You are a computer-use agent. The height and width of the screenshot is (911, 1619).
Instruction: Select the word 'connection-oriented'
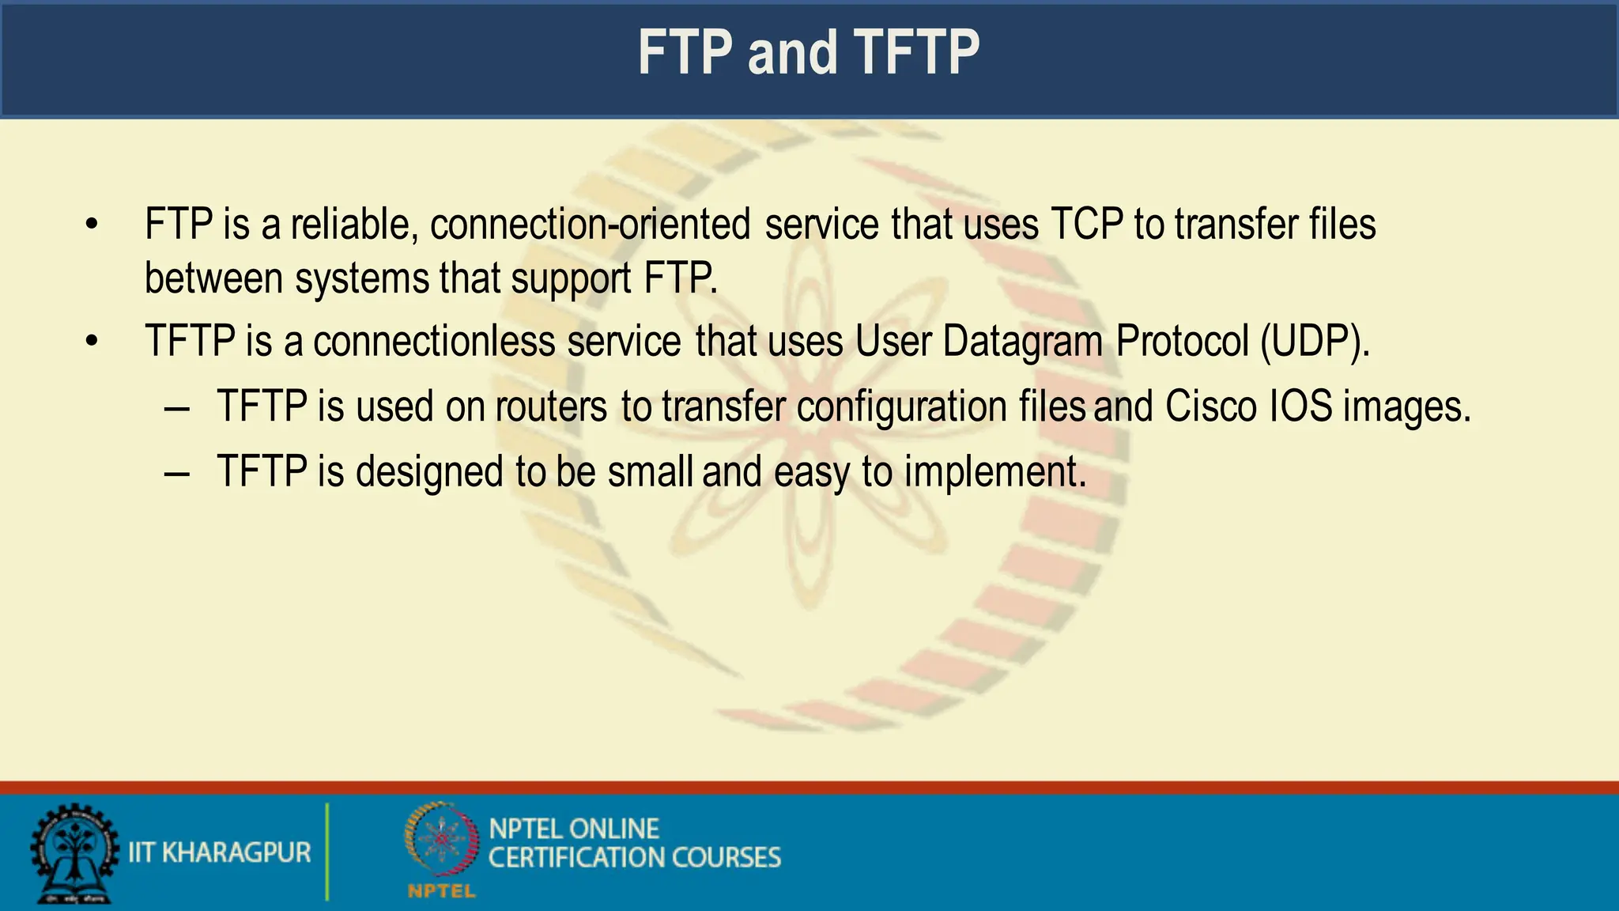coord(590,225)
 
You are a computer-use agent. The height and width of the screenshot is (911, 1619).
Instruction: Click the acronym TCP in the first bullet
coord(1087,225)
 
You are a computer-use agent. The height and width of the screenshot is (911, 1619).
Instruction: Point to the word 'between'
coord(213,278)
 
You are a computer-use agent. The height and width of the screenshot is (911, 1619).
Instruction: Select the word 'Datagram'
coord(1022,342)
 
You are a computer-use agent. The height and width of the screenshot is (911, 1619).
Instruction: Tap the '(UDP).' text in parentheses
coord(1315,342)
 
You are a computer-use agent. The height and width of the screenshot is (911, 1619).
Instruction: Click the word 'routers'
coord(551,406)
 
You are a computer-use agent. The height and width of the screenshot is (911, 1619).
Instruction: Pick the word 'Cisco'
coord(1210,406)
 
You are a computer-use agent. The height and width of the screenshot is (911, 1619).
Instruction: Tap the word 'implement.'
coord(995,472)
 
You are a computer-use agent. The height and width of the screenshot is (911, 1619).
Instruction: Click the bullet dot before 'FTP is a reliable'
coord(92,225)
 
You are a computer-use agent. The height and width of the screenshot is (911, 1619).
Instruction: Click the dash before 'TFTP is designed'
coord(177,474)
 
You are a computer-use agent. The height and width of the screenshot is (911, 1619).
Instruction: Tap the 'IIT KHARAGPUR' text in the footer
coord(219,852)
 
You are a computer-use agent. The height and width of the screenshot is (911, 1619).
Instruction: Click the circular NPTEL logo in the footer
coord(442,841)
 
